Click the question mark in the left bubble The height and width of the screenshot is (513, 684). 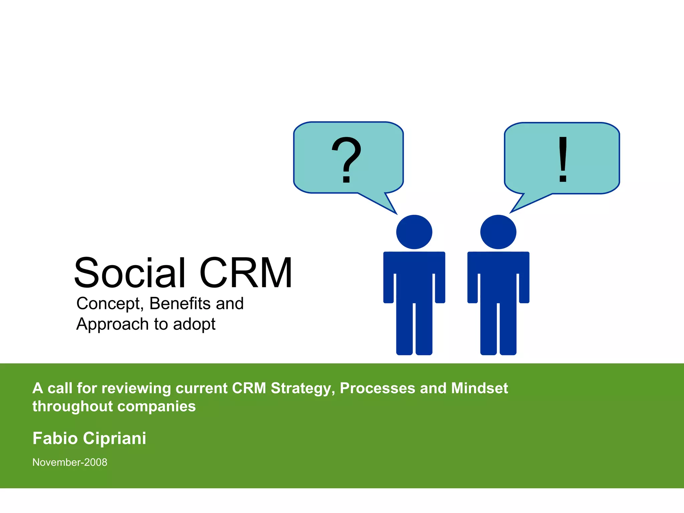click(346, 160)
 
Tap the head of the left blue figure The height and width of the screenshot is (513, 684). click(414, 232)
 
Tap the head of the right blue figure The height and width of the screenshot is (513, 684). click(498, 232)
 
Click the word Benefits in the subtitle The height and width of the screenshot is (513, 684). click(180, 304)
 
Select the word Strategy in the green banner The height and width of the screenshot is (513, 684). click(303, 388)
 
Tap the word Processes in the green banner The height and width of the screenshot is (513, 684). click(376, 388)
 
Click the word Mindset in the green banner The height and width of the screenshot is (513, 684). click(479, 388)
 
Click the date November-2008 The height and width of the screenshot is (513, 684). click(70, 462)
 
